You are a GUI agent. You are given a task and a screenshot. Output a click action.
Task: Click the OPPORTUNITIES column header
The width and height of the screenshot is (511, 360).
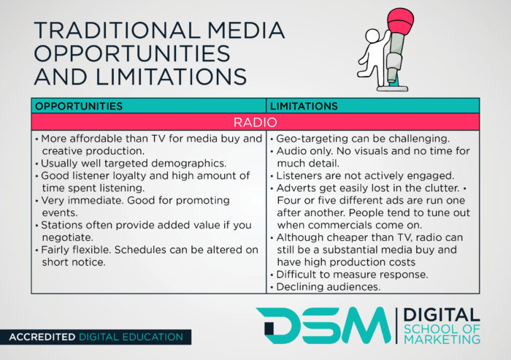point(79,106)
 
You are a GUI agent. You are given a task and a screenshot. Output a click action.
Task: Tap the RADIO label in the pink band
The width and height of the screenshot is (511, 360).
point(255,122)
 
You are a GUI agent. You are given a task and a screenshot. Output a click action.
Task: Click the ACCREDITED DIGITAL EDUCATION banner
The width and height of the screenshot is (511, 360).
point(96,337)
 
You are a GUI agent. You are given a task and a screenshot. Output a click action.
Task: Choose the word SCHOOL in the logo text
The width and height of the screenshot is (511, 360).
point(431,327)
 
